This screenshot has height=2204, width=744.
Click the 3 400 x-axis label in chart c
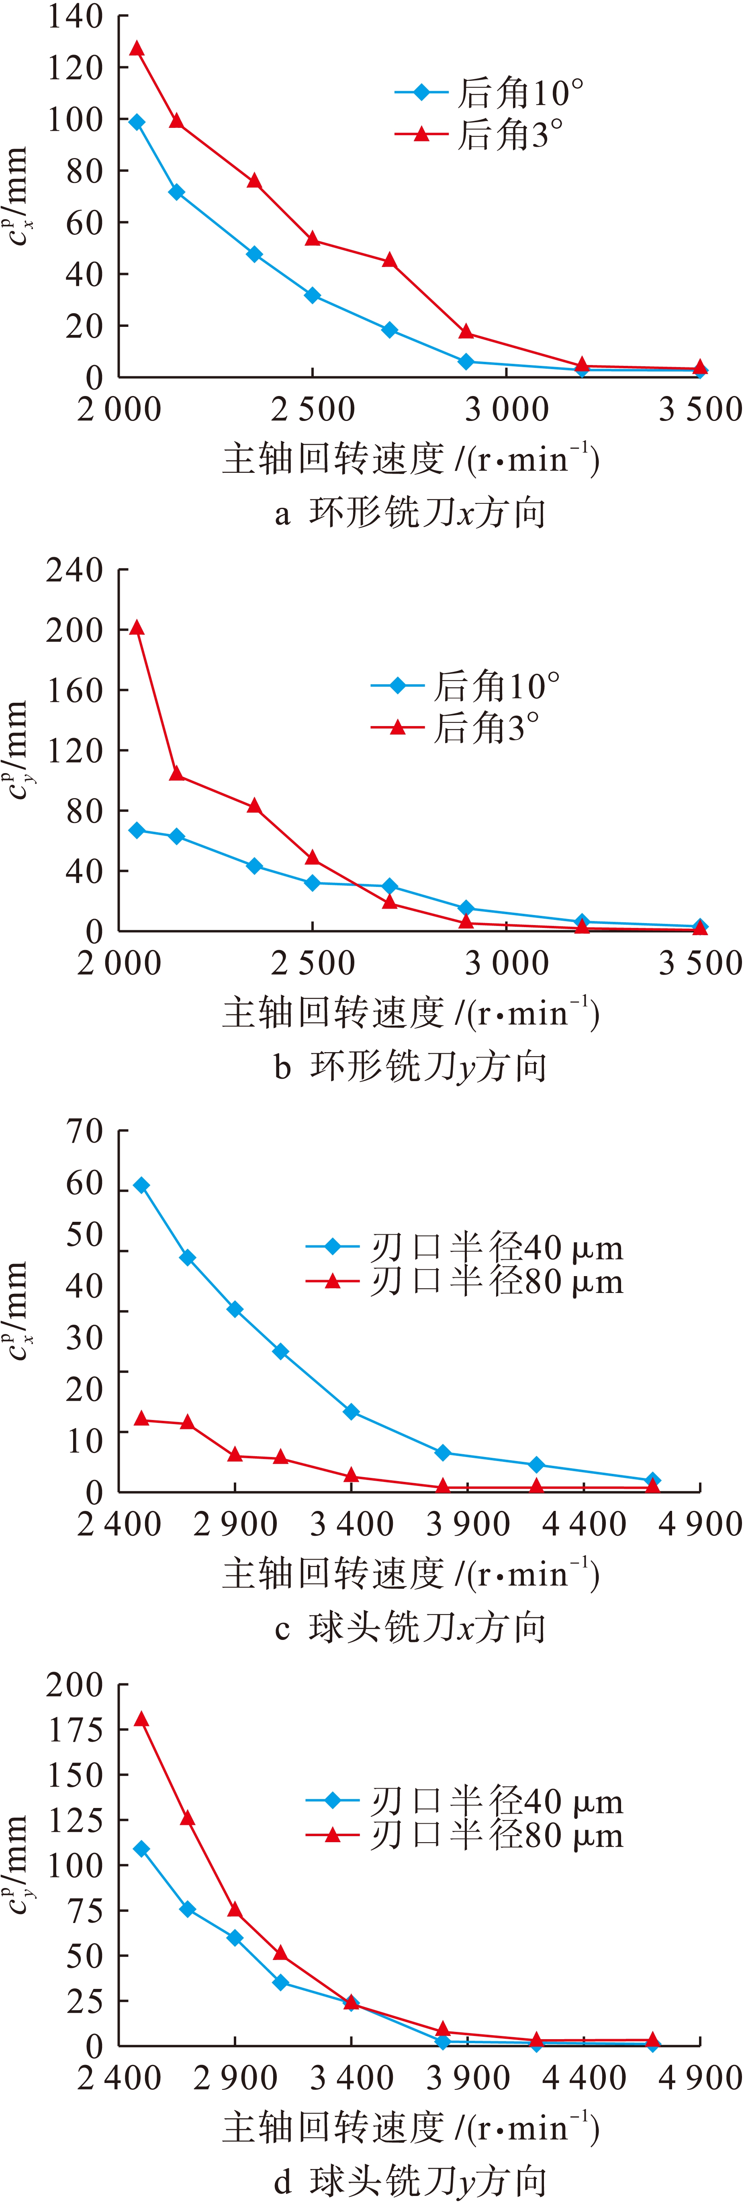click(x=352, y=1524)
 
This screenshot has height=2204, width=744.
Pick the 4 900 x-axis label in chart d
click(x=699, y=2078)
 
